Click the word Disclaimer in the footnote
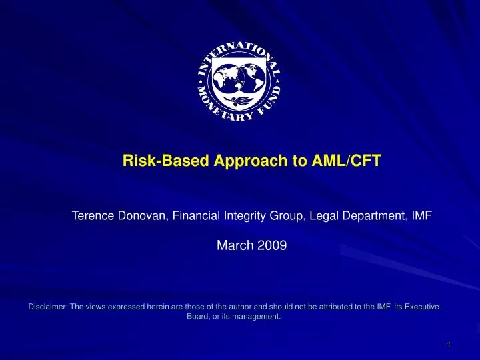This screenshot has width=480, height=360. (x=48, y=307)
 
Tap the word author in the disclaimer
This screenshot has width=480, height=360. (x=219, y=307)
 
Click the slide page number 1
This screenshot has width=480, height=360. (x=449, y=345)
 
